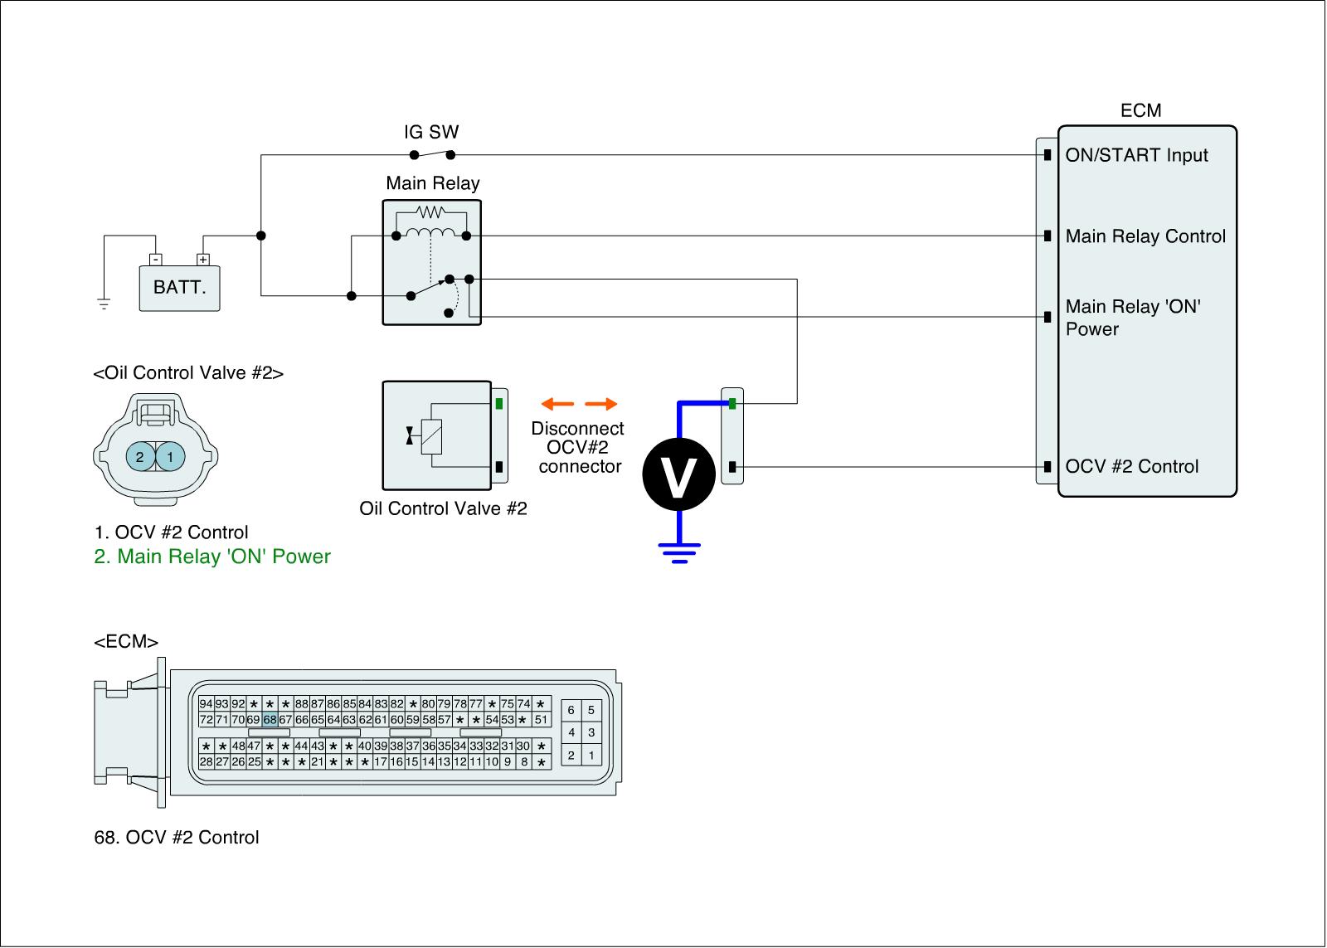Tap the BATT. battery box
tap(179, 288)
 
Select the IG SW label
tap(430, 132)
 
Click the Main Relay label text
tap(432, 183)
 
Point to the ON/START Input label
tap(1136, 155)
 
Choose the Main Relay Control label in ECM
tap(1145, 236)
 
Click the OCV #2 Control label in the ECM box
tap(1132, 466)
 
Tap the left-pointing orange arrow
tap(557, 404)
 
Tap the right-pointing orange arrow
tap(601, 404)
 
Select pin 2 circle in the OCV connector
tap(140, 456)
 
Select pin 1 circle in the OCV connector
tap(170, 456)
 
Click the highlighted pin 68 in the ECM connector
tap(270, 720)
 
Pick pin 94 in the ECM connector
tap(207, 704)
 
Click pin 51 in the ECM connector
tap(541, 720)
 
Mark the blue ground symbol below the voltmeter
tap(679, 552)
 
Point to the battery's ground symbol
tap(104, 304)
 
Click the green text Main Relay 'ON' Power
tap(212, 557)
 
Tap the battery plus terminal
tap(202, 259)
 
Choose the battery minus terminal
tap(156, 259)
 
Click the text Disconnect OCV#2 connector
tap(578, 447)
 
